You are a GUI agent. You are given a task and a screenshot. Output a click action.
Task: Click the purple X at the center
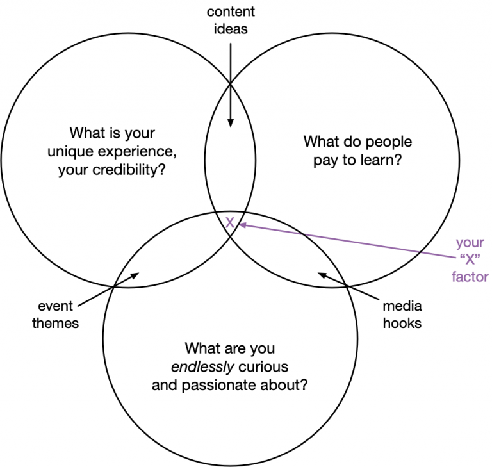click(230, 222)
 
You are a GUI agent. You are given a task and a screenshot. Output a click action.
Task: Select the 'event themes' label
click(56, 316)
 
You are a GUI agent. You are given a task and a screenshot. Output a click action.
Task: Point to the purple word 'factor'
click(470, 277)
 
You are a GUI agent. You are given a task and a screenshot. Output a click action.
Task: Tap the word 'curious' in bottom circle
click(265, 367)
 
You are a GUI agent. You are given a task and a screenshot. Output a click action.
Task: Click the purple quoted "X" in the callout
click(470, 260)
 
